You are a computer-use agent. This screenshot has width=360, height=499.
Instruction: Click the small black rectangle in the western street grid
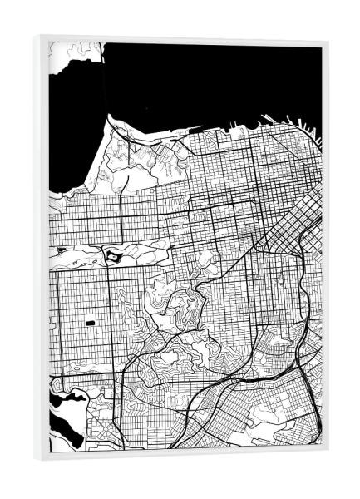[x=89, y=319]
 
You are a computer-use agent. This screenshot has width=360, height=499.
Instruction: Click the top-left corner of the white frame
[x=37, y=37]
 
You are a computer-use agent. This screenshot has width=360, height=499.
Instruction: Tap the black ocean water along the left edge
[x=62, y=150]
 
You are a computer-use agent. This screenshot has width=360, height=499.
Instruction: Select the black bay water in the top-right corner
[x=274, y=75]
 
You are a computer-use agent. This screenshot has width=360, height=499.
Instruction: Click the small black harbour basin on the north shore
[x=195, y=129]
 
